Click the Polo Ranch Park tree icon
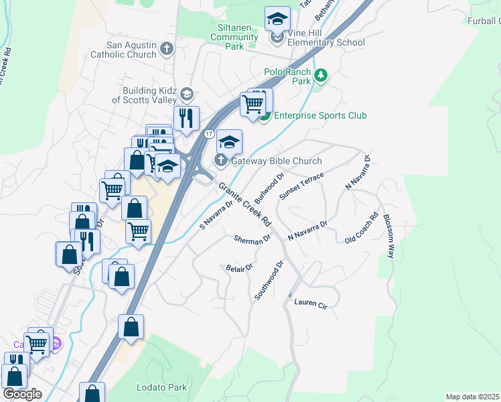tap(321, 74)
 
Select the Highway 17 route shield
tap(210, 135)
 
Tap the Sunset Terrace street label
tap(301, 186)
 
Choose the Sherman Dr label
tap(253, 239)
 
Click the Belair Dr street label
tap(238, 267)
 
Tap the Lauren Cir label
tap(311, 304)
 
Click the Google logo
tap(22, 394)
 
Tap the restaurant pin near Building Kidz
tap(186, 118)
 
